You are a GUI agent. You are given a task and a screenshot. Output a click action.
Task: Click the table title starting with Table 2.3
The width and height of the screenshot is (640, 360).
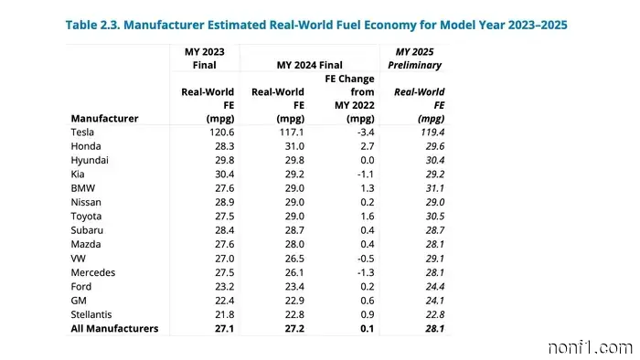[x=316, y=25]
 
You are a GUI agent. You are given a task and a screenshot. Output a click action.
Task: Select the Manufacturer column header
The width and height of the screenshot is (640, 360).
[x=104, y=118]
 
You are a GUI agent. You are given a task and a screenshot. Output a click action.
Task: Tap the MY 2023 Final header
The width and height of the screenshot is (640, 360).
[x=204, y=58]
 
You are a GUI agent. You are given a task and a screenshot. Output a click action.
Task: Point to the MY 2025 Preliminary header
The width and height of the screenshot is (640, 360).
[x=417, y=58]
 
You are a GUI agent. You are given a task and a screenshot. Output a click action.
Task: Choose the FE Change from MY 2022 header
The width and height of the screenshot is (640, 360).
[x=350, y=99]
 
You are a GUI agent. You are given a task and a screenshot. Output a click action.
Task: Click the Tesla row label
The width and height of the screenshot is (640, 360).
[x=82, y=132]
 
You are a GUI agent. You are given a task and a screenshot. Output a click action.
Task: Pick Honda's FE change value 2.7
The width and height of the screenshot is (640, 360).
[x=361, y=146]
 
